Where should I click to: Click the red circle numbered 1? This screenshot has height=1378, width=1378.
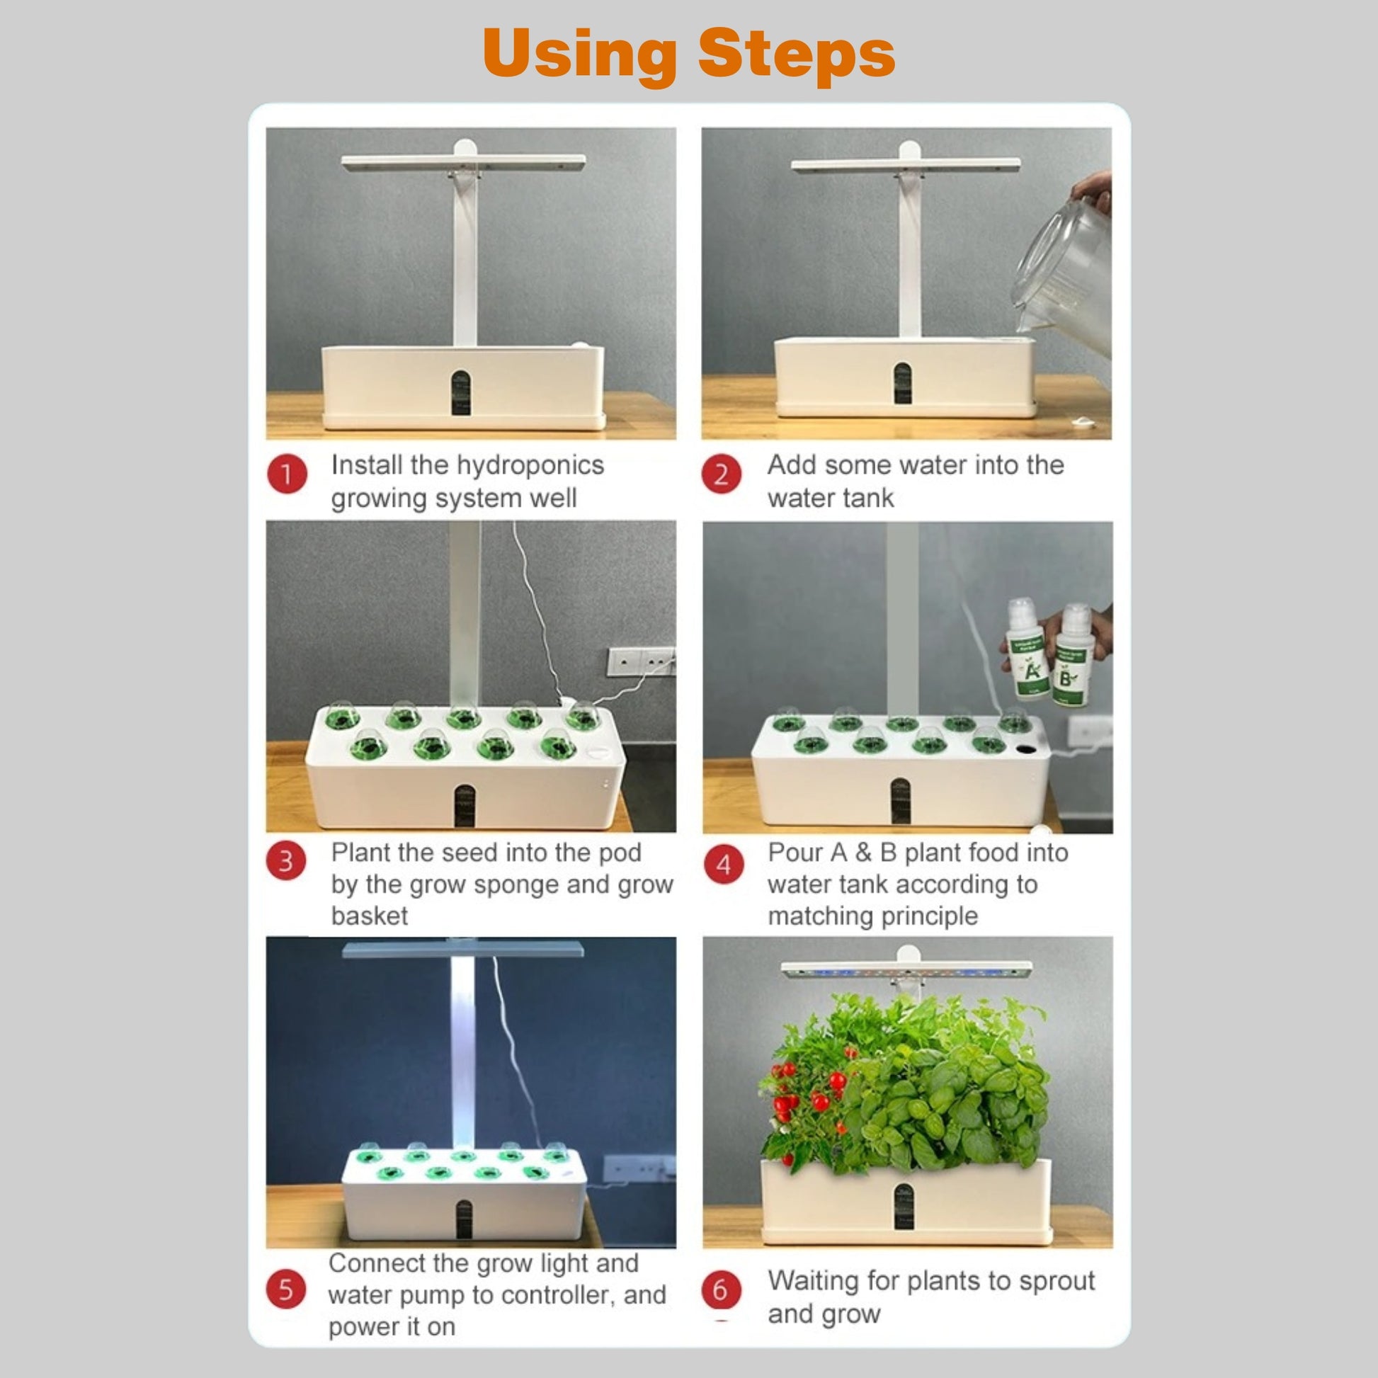tap(287, 474)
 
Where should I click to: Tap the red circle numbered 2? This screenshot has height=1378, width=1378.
tap(721, 474)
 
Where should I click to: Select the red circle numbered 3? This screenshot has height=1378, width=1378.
tap(286, 861)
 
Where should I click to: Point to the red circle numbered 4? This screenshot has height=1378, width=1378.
tap(723, 865)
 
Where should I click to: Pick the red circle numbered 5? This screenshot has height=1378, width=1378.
tap(286, 1289)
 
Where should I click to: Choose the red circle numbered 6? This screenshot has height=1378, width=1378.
tap(721, 1289)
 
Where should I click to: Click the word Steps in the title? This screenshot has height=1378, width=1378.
tap(797, 55)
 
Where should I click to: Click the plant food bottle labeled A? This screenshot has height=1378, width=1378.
tap(1027, 649)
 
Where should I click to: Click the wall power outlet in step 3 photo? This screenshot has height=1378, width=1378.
tap(641, 662)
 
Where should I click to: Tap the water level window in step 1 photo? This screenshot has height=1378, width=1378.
tap(461, 392)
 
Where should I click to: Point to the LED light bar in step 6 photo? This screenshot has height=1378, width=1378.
tap(906, 970)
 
